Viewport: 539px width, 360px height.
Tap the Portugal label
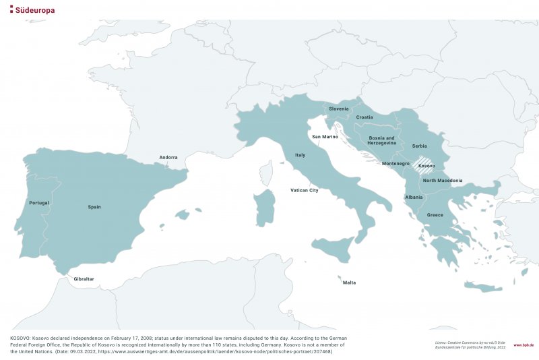tap(39, 203)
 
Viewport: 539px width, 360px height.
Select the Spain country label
tap(94, 207)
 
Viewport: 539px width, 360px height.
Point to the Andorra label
tap(168, 158)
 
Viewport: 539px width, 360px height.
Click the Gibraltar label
tap(84, 278)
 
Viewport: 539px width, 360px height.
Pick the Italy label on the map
tap(300, 155)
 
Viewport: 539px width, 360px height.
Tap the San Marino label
tap(325, 137)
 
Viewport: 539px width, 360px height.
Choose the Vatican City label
tap(304, 191)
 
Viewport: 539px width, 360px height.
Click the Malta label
tap(349, 282)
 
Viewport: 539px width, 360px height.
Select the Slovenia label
tap(339, 109)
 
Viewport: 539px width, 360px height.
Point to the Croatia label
tap(364, 117)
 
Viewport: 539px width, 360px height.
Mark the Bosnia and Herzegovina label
tap(382, 140)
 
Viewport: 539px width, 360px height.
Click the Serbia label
tap(419, 146)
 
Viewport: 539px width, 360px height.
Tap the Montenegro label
tap(395, 164)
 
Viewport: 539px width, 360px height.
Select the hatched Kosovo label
tap(426, 166)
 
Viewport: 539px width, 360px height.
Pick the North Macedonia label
tap(442, 181)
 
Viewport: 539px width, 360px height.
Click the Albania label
tap(414, 197)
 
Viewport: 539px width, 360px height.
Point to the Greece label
tap(435, 215)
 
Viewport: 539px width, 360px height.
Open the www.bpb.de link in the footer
tap(524, 344)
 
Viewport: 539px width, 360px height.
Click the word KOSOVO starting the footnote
tap(20, 336)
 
